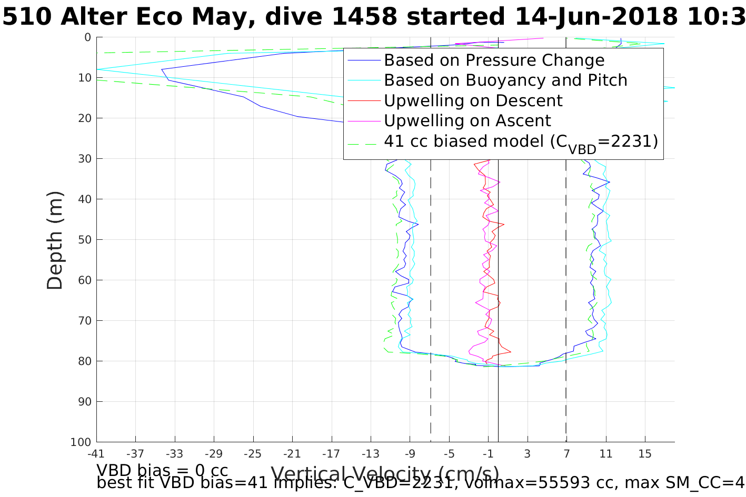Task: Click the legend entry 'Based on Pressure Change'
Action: [x=494, y=60]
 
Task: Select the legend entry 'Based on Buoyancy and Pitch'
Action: [x=505, y=80]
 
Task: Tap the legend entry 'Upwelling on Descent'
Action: [x=473, y=100]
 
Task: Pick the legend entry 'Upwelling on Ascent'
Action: [x=467, y=120]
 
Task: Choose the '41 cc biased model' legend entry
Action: [x=521, y=141]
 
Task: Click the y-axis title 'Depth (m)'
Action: [x=55, y=240]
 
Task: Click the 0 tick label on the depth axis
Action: [x=87, y=37]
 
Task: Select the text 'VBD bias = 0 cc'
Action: [x=162, y=470]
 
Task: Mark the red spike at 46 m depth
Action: [x=503, y=225]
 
